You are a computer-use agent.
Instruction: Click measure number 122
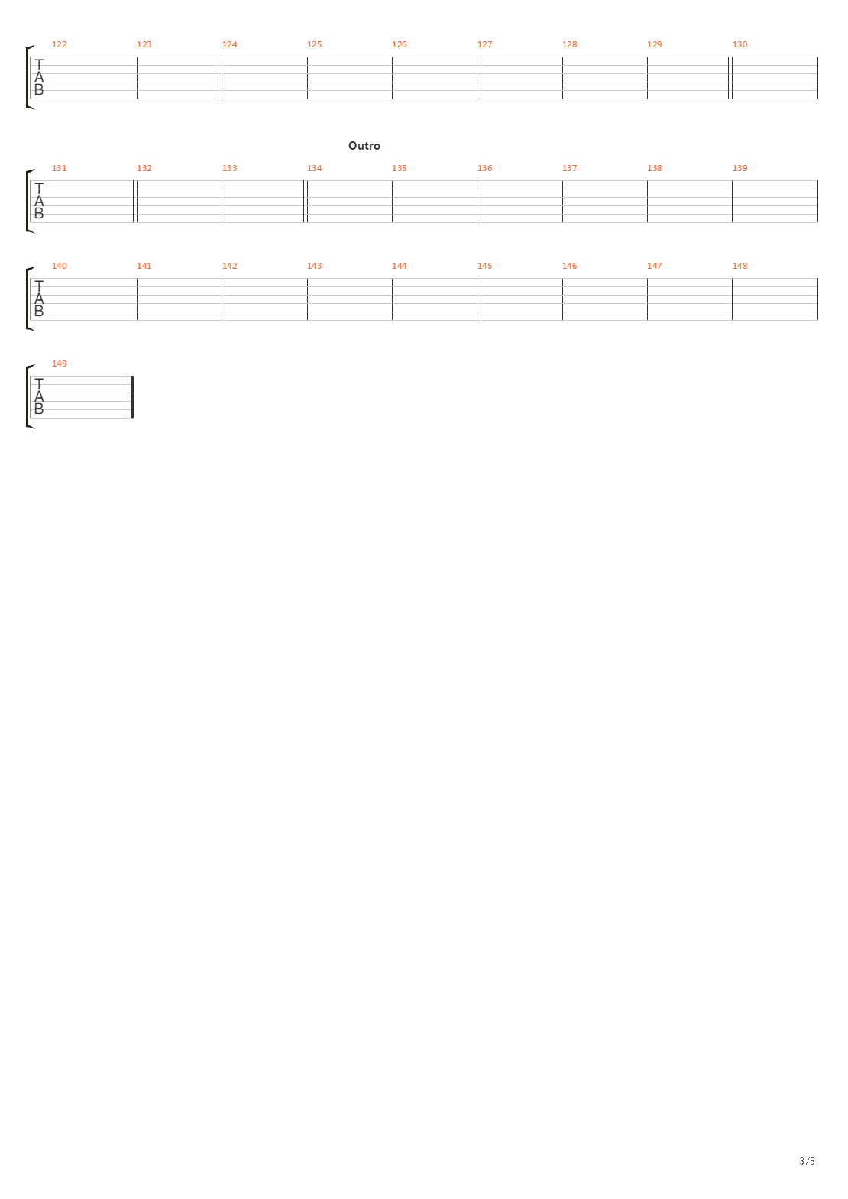coord(59,44)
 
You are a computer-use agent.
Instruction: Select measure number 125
coord(314,44)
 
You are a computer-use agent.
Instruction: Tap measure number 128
coord(569,44)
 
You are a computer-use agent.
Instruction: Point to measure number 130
coord(740,44)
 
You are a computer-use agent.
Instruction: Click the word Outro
coord(364,146)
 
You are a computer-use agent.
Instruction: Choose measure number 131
coord(59,168)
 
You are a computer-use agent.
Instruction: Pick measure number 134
coord(314,168)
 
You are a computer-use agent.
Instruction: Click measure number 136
coord(484,168)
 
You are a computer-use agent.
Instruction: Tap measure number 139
coord(740,168)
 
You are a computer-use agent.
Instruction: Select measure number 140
coord(59,266)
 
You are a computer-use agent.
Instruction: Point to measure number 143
coord(314,266)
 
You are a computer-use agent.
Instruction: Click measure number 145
coord(484,266)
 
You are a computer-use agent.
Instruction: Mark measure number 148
coord(740,266)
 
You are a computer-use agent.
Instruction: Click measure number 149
coord(59,364)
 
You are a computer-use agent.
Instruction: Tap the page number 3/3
coord(807,1161)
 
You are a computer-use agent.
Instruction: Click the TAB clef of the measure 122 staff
coord(39,78)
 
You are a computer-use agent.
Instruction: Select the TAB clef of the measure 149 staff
coord(39,397)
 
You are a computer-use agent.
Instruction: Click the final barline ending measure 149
coord(132,397)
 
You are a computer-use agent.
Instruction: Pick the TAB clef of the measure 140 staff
coord(39,299)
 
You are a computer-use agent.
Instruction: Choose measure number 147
coord(654,266)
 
